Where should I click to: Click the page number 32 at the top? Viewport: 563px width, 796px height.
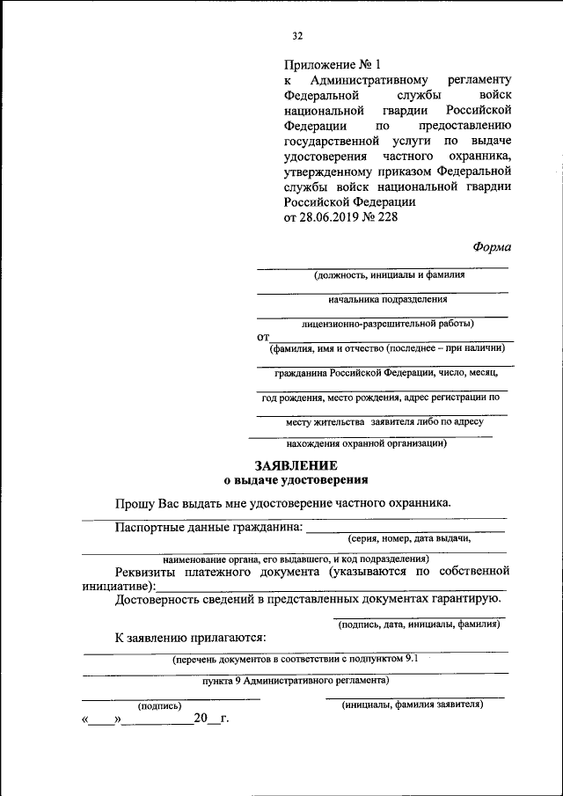pyautogui.click(x=297, y=36)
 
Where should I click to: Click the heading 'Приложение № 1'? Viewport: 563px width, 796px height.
pyautogui.click(x=334, y=64)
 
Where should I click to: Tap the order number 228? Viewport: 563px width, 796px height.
pyautogui.click(x=386, y=217)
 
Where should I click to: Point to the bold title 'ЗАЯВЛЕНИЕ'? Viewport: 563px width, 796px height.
pyautogui.click(x=295, y=465)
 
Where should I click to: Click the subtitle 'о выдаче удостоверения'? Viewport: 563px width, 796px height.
pyautogui.click(x=295, y=480)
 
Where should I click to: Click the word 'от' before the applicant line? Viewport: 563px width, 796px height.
pyautogui.click(x=262, y=337)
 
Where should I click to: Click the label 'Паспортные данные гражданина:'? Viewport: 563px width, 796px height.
pyautogui.click(x=208, y=528)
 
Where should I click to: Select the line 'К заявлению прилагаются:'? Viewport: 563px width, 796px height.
pyautogui.click(x=190, y=638)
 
